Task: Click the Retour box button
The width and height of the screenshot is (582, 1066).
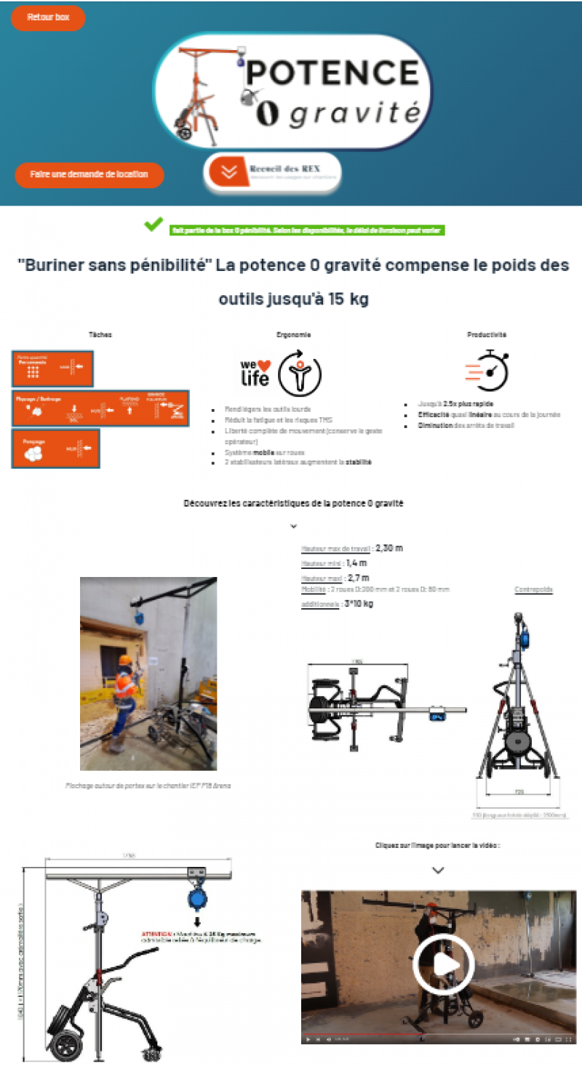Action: tap(48, 17)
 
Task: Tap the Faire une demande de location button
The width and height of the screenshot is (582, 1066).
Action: tap(89, 174)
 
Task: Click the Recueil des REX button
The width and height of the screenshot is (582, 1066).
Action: tap(273, 172)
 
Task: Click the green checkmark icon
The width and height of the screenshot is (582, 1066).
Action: tap(154, 225)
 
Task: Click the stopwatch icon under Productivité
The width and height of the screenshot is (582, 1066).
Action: tap(487, 371)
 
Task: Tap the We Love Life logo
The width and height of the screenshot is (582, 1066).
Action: tap(255, 371)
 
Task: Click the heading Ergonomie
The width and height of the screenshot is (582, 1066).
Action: tap(294, 335)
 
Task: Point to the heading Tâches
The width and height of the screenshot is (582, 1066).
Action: tap(100, 335)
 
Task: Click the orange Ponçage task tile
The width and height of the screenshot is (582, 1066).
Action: tap(55, 449)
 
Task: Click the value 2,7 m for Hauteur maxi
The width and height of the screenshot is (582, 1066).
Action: tap(356, 578)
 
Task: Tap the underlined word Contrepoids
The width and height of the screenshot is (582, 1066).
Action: tap(533, 590)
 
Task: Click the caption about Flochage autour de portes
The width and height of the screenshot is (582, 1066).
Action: tap(148, 785)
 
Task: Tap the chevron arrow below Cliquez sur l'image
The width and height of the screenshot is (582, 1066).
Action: tap(438, 870)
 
